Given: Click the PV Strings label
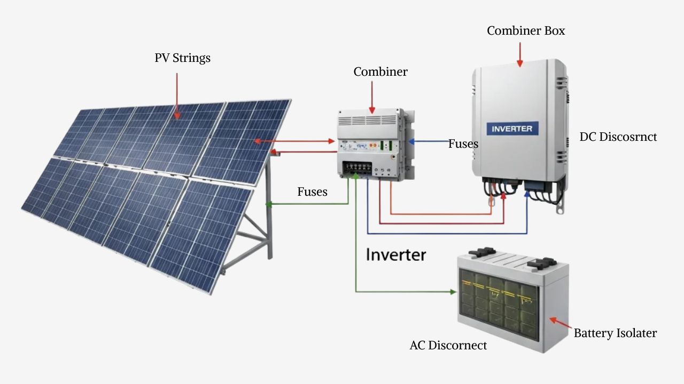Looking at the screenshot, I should (x=182, y=58).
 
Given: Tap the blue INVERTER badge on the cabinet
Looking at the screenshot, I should (x=512, y=129).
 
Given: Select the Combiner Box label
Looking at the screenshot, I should (x=525, y=31).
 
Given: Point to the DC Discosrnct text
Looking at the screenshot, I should (x=618, y=137).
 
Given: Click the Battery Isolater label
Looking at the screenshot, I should (x=615, y=333).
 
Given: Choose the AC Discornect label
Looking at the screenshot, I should (x=448, y=346).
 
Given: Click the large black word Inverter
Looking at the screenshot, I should (x=396, y=254).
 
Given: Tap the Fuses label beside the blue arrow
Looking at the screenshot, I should (x=463, y=143).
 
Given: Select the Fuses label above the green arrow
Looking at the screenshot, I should (x=312, y=191).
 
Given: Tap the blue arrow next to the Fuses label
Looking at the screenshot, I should (x=428, y=142).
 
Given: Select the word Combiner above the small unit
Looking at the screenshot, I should (x=380, y=71).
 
